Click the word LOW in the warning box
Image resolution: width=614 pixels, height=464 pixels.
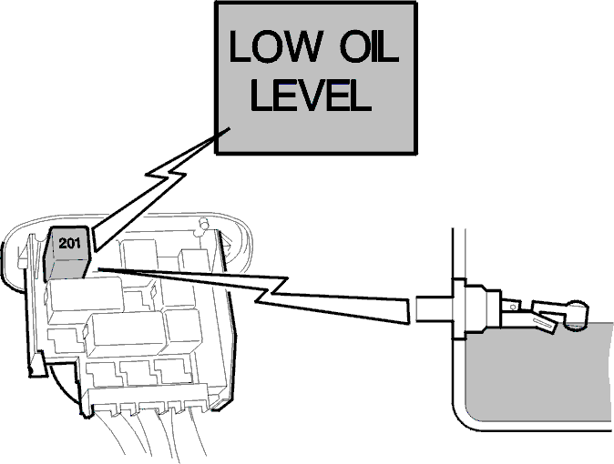276,46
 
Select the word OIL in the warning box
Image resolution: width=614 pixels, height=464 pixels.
369,46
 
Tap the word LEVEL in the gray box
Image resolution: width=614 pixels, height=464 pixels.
311,95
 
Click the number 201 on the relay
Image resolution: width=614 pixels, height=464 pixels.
69,243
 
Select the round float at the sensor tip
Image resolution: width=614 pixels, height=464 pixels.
575,316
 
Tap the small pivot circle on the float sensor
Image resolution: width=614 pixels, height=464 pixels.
513,308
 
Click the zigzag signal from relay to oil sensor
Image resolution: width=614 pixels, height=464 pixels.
254,296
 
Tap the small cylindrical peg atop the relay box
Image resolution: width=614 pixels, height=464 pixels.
203,224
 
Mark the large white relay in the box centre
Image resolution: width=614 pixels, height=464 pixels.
126,334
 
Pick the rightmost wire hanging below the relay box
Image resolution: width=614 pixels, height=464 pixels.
199,434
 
